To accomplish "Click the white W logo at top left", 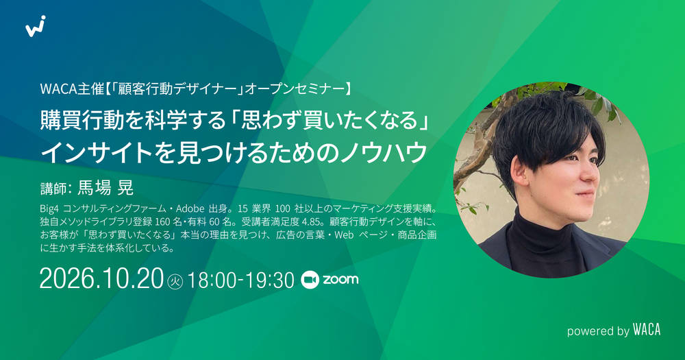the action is coord(36,26).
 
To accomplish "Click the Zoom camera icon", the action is coord(310,280).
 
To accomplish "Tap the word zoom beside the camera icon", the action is coord(340,280).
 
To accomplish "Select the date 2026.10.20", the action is coord(101,279).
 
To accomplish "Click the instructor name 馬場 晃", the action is coord(105,188).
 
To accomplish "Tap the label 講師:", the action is coord(56,188).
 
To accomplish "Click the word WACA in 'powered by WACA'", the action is coord(647,330).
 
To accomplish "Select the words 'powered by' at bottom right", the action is coord(598,331).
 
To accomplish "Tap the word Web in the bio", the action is coord(344,235).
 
